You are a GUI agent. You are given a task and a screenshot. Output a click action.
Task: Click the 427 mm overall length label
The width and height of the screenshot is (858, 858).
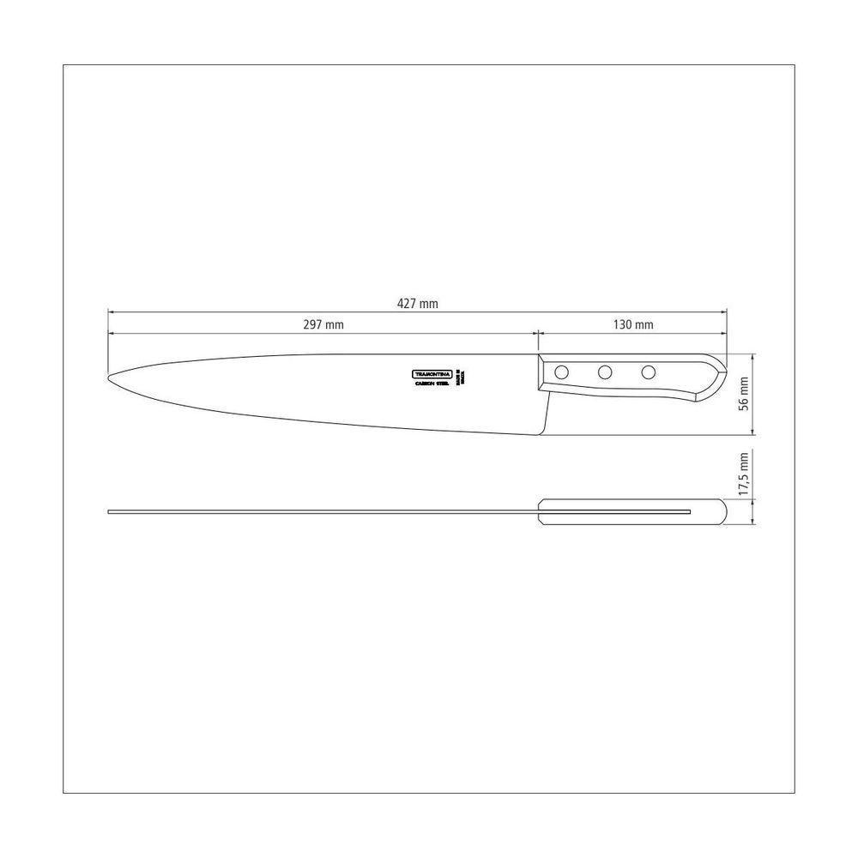[x=418, y=303]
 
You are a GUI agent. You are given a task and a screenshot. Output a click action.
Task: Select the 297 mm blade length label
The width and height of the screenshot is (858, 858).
[x=323, y=324]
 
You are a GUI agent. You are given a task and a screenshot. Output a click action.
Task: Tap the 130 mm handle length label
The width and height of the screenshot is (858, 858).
[x=633, y=324]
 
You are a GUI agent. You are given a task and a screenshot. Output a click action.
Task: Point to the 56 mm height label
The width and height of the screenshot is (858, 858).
[x=744, y=394]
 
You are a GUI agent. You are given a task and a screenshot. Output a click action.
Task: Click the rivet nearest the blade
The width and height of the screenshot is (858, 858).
[x=562, y=372]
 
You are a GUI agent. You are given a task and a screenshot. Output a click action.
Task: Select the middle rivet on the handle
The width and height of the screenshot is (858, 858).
[x=605, y=372]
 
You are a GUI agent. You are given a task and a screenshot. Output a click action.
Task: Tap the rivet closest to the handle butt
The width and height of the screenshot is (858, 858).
[x=649, y=372]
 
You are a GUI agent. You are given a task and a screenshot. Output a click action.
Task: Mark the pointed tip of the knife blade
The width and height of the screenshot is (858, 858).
[x=109, y=377]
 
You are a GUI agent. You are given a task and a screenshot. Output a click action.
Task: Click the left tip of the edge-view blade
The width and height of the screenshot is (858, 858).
[x=110, y=512]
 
